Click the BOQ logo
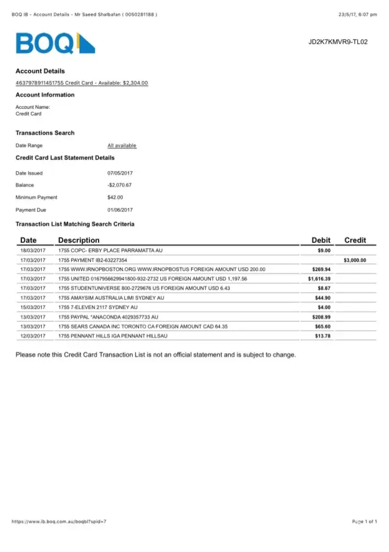tap(55, 43)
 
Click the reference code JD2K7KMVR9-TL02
tap(338, 41)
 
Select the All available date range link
tap(122, 146)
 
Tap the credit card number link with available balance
tap(82, 83)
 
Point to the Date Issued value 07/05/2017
tap(120, 173)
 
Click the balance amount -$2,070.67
tap(120, 185)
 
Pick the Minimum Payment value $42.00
tap(115, 197)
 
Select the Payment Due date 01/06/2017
tap(120, 210)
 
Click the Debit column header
tap(321, 240)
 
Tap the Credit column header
tap(355, 240)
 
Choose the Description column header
tap(79, 240)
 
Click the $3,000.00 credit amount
tap(354, 260)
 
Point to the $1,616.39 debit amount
tap(319, 279)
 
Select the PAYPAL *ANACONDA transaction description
tap(108, 317)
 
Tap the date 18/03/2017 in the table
tap(33, 251)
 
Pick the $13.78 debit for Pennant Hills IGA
tap(322, 336)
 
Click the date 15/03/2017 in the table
tap(33, 307)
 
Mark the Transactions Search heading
tap(45, 133)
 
